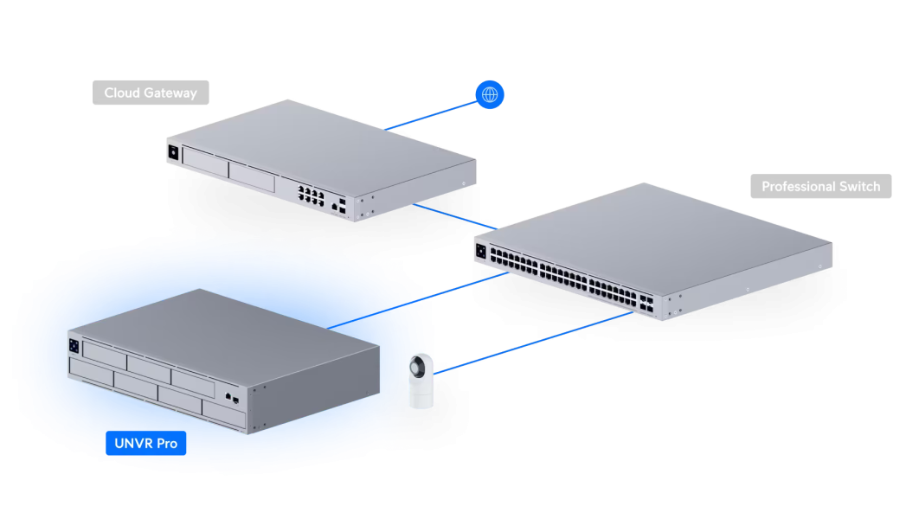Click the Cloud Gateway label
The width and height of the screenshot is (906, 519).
pyautogui.click(x=151, y=93)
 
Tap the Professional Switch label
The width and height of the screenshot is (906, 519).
pyautogui.click(x=820, y=186)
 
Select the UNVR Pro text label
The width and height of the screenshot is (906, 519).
pyautogui.click(x=146, y=443)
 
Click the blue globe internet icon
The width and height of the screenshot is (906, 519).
pyautogui.click(x=490, y=93)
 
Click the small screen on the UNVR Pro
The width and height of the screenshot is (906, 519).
pyautogui.click(x=75, y=345)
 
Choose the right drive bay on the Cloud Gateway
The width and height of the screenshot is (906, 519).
pyautogui.click(x=252, y=175)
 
